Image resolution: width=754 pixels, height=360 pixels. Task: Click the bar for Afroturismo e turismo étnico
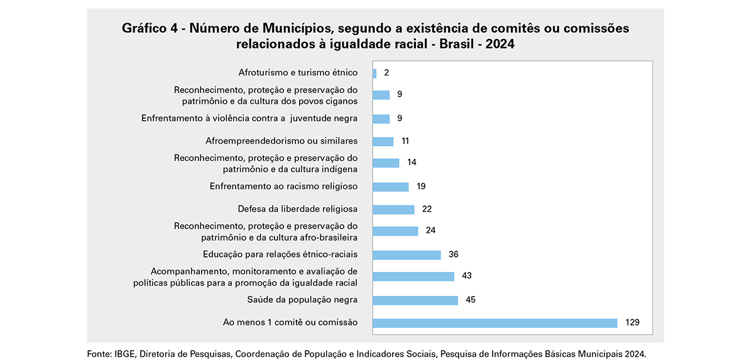click(374, 73)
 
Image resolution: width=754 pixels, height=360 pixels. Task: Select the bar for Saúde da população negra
click(415, 300)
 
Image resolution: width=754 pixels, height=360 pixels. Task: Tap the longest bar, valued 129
click(495, 323)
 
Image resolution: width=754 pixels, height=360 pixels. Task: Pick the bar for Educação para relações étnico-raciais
click(407, 254)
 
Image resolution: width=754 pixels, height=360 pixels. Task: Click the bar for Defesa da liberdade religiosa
click(393, 209)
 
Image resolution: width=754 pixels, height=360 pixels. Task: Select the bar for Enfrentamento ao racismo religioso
click(391, 187)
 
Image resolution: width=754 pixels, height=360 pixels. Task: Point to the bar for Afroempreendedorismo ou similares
click(383, 141)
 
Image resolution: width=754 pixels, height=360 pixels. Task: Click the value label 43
click(466, 276)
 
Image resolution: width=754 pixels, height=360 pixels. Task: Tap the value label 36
click(454, 254)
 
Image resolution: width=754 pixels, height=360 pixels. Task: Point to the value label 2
click(386, 73)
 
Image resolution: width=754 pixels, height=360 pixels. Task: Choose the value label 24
click(430, 231)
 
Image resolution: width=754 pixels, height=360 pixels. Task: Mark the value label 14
click(412, 163)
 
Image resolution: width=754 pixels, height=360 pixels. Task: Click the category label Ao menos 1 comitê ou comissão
click(290, 322)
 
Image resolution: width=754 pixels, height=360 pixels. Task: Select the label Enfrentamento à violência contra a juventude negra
click(249, 118)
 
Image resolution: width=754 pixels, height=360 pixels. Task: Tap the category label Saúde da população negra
click(302, 299)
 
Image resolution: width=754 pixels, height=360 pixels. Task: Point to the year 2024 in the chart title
click(500, 45)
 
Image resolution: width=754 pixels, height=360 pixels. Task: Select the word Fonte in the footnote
click(99, 354)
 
